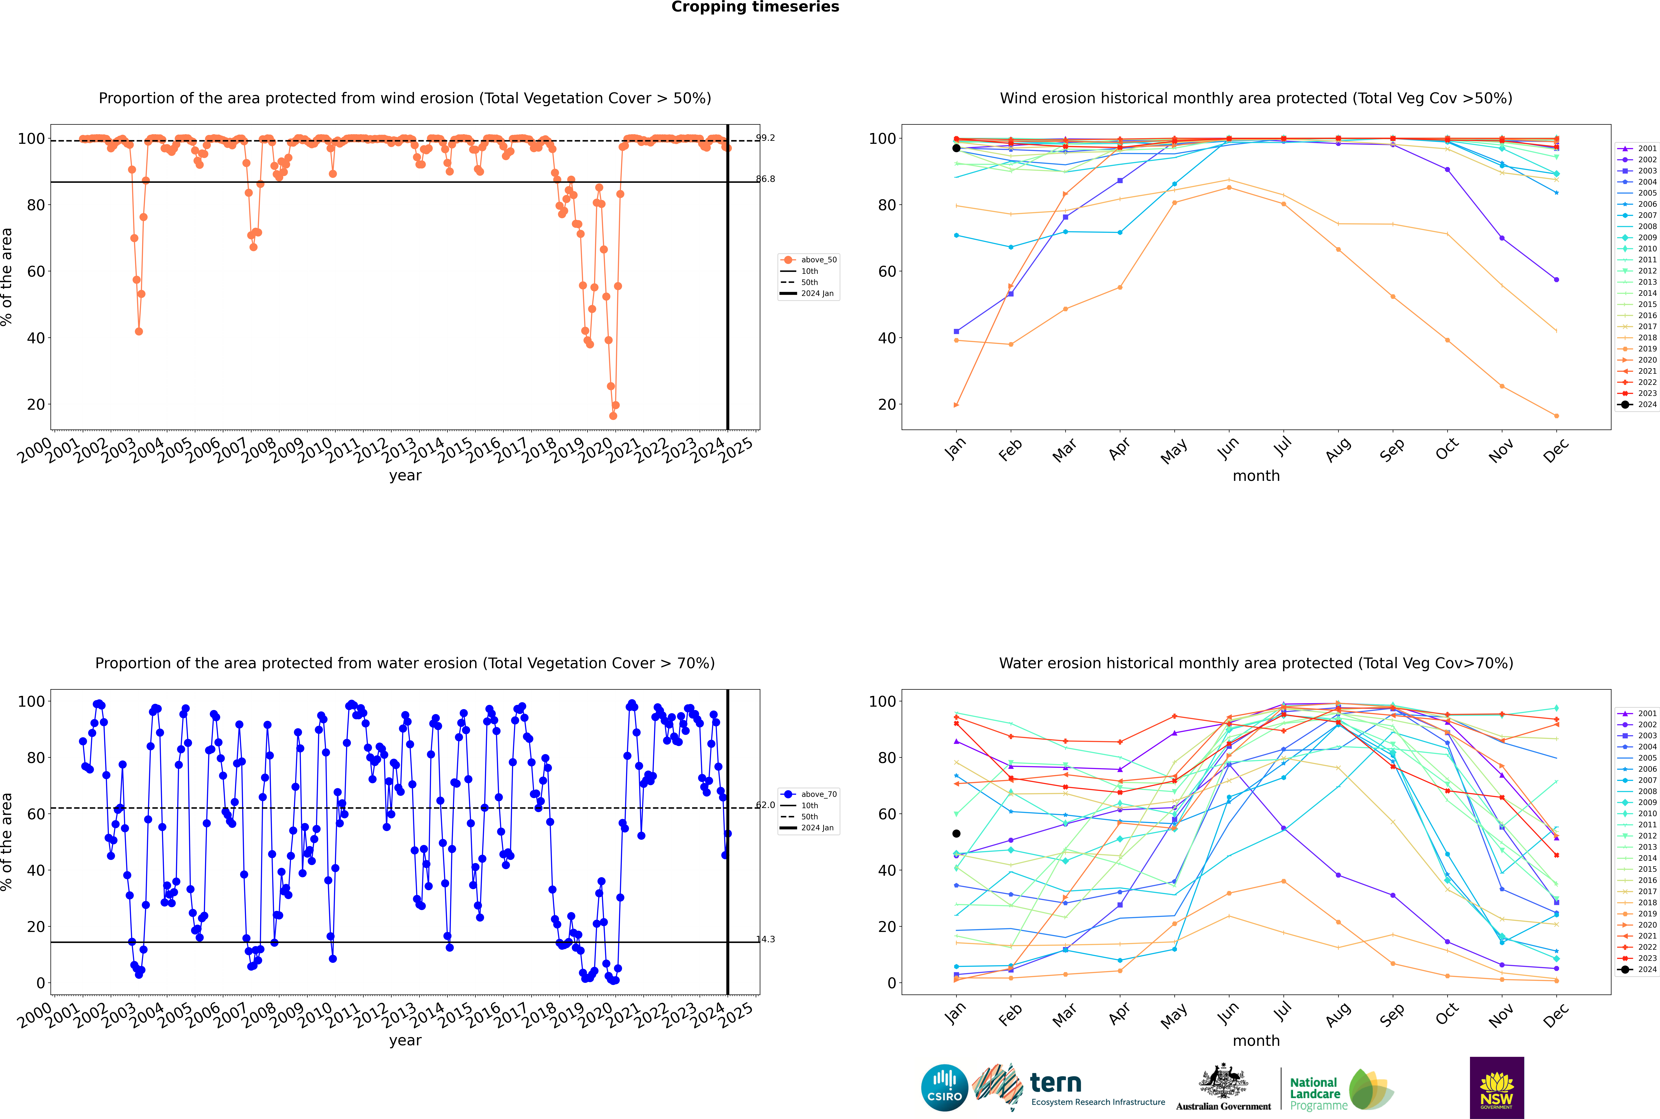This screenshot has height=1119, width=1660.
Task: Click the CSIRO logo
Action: point(944,1088)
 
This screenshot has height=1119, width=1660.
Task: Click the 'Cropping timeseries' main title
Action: point(755,7)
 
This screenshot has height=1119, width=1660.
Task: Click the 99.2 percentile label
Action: point(765,138)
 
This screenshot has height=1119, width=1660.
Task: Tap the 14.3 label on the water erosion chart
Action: point(765,939)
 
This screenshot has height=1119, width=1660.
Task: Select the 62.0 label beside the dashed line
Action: point(765,805)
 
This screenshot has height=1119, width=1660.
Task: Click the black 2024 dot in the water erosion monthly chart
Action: point(956,833)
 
